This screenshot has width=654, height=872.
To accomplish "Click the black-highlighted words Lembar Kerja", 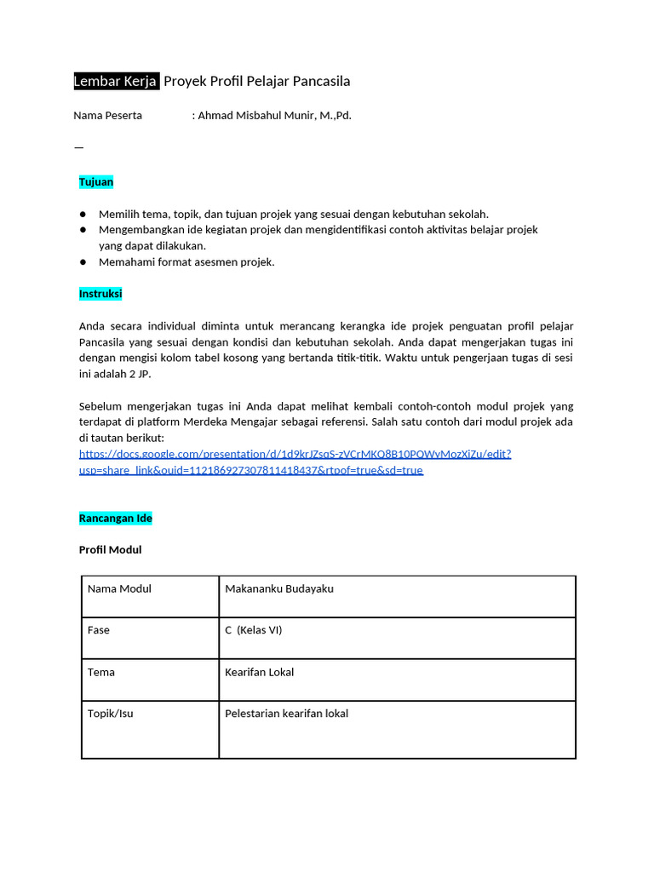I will coord(116,82).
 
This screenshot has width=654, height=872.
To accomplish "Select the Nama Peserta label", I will coord(107,116).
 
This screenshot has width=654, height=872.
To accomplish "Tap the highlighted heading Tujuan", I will coord(96,182).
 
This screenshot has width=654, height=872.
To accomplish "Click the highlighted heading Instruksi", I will coord(100,294).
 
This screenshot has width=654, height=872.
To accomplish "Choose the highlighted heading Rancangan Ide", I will coord(115,519).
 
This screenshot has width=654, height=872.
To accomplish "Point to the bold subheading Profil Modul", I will coord(110,550).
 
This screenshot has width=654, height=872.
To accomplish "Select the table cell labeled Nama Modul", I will coord(119,589).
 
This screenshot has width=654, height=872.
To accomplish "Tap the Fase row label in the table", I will coord(99,631).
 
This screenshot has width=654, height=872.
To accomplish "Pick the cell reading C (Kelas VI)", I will coord(253,631).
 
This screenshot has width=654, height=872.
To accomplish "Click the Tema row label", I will coord(101,673).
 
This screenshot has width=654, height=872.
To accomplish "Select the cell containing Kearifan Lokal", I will coord(259,673).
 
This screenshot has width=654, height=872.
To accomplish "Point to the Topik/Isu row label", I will coord(111,714).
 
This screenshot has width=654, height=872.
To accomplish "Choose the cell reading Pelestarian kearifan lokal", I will coord(286,714).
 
